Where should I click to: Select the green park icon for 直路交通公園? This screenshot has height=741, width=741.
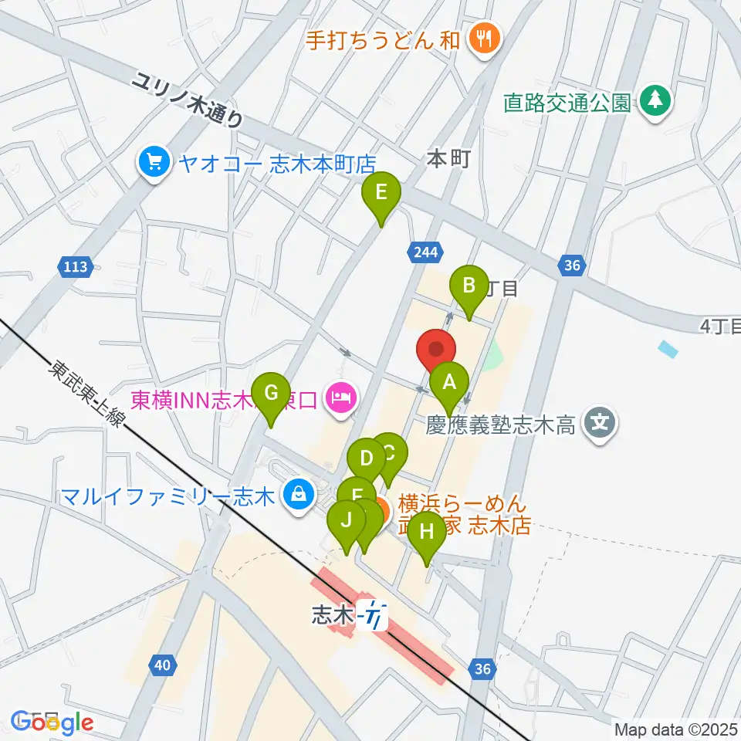[x=655, y=101]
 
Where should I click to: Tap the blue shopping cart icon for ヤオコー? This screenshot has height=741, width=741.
[x=153, y=162]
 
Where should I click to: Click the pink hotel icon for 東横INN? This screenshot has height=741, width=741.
[x=340, y=399]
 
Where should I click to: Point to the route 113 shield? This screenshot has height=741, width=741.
[x=76, y=267]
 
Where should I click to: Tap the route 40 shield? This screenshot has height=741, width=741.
[x=161, y=663]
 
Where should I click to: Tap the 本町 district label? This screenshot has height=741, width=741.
[x=448, y=159]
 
